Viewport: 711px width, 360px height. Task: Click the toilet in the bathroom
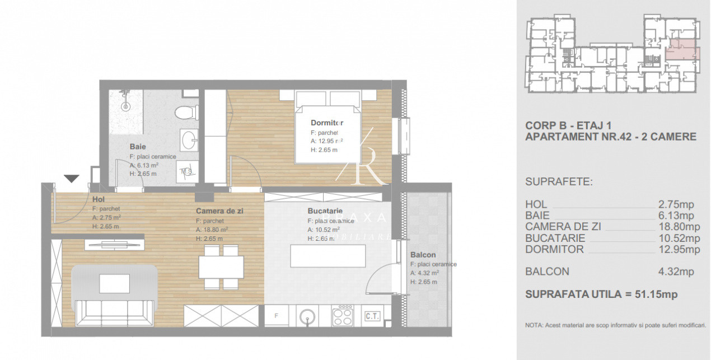click(x=184, y=113)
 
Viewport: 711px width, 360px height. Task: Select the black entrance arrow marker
click(x=71, y=179)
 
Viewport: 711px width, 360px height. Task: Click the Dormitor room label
click(x=327, y=123)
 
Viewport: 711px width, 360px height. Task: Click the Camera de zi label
click(x=219, y=211)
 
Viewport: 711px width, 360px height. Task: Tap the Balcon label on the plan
click(x=423, y=254)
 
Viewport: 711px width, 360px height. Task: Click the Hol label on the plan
click(x=98, y=199)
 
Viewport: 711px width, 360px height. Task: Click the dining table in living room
click(x=221, y=267)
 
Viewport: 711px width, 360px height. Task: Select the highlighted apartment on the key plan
click(x=681, y=53)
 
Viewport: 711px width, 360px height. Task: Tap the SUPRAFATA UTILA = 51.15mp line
click(x=601, y=294)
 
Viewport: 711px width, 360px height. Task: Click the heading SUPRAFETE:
click(x=559, y=182)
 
